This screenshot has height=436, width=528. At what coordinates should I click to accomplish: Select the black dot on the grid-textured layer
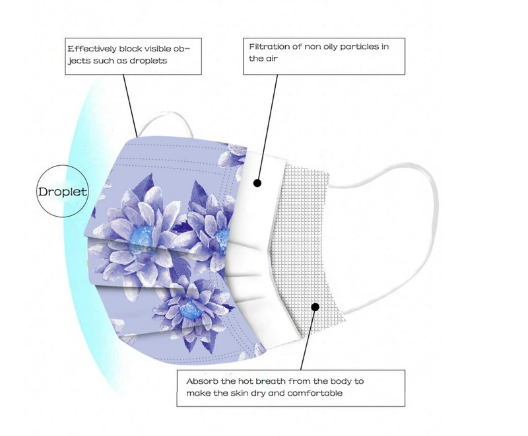pos(315,307)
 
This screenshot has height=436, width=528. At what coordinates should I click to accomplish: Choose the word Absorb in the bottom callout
pos(201,381)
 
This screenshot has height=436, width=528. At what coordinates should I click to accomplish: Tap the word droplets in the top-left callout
pos(149,60)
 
